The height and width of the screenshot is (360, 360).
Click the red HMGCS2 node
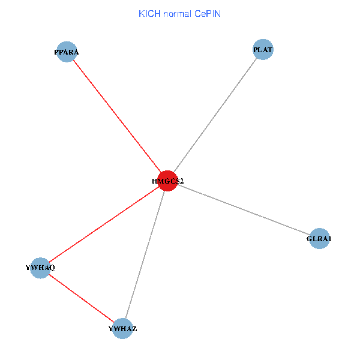pyautogui.click(x=167, y=181)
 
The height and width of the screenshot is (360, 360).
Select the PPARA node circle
pyautogui.click(x=67, y=52)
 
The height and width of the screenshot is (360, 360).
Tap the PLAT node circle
pyautogui.click(x=263, y=49)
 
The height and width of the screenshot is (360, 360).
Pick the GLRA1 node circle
pyautogui.click(x=319, y=239)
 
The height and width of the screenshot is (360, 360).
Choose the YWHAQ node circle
pyautogui.click(x=40, y=268)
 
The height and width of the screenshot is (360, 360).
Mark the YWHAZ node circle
pyautogui.click(x=122, y=328)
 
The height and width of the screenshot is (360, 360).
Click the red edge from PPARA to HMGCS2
pyautogui.click(x=117, y=116)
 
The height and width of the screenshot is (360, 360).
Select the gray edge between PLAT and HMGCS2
pyautogui.click(x=215, y=115)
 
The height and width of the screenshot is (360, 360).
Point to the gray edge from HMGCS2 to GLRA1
pyautogui.click(x=243, y=210)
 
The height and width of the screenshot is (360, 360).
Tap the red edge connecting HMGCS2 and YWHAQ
pyautogui.click(x=104, y=224)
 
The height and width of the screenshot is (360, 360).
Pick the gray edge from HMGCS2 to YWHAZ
pyautogui.click(x=145, y=254)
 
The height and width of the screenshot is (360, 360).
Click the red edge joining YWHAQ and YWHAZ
pyautogui.click(x=81, y=298)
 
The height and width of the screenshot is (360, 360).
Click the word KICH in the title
pyautogui.click(x=149, y=13)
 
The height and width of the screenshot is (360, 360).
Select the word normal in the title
pyautogui.click(x=178, y=13)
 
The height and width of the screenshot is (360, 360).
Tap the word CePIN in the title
pyautogui.click(x=208, y=13)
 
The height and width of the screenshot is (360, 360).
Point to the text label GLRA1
pyautogui.click(x=319, y=239)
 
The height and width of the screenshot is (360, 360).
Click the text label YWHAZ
pyautogui.click(x=122, y=329)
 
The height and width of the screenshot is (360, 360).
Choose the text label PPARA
pyautogui.click(x=67, y=52)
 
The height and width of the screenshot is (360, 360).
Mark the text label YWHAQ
pyautogui.click(x=40, y=268)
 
